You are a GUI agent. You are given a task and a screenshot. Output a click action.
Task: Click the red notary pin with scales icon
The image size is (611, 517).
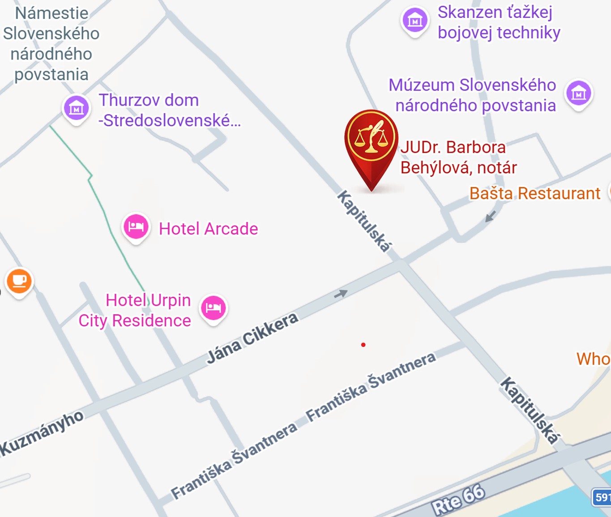click(x=371, y=139)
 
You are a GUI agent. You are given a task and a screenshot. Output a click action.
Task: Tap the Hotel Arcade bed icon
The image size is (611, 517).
click(x=136, y=226)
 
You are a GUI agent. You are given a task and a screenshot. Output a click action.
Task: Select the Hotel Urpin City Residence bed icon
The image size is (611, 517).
click(x=214, y=308)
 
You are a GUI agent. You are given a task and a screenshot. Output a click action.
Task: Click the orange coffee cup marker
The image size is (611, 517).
click(x=19, y=281)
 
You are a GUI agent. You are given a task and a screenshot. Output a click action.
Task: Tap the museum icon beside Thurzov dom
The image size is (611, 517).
click(x=76, y=108)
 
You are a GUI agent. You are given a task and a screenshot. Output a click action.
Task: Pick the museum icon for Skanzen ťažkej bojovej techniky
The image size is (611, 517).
click(x=414, y=20)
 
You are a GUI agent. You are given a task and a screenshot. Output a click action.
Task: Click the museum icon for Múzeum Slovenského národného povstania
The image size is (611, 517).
click(x=578, y=93)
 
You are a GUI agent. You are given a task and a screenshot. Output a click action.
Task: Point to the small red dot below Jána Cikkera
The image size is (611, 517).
click(x=363, y=345)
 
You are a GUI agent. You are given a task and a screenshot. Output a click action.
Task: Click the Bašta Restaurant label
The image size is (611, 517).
click(x=534, y=193)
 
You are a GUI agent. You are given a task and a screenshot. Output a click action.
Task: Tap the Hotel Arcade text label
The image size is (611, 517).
click(x=208, y=229)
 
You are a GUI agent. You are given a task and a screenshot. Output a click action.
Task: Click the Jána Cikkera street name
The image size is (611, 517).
click(x=252, y=338)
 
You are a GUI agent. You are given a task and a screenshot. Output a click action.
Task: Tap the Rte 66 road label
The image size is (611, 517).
click(x=458, y=500)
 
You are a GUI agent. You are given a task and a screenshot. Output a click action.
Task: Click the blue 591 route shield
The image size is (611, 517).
click(x=602, y=497)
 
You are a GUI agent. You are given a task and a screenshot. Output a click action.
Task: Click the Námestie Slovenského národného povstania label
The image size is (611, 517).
click(x=51, y=44)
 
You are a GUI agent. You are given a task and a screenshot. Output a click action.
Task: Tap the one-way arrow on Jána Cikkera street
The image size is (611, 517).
click(x=341, y=294)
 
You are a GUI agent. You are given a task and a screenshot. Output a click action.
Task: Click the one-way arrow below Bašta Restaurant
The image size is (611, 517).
click(x=491, y=216)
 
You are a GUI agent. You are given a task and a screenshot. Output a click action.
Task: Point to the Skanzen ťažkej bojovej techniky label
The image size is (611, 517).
click(x=499, y=22)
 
